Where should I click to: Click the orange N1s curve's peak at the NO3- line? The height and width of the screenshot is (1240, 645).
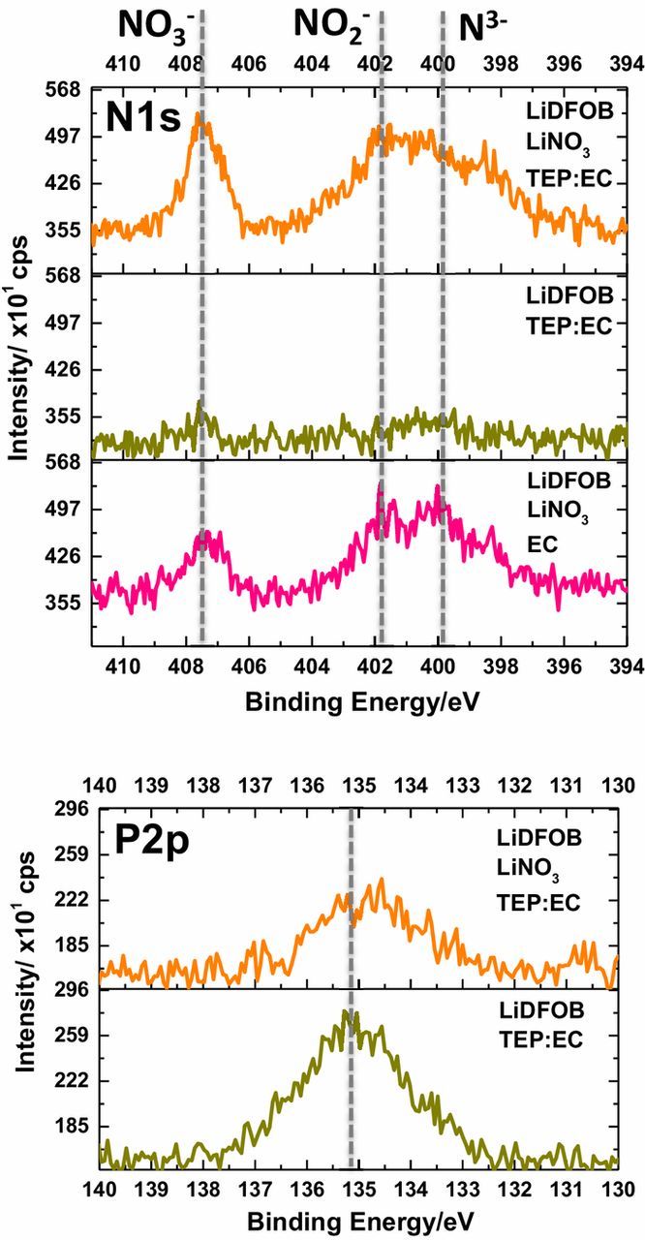click(x=200, y=117)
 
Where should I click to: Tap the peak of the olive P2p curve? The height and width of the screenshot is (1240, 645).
click(x=349, y=1013)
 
